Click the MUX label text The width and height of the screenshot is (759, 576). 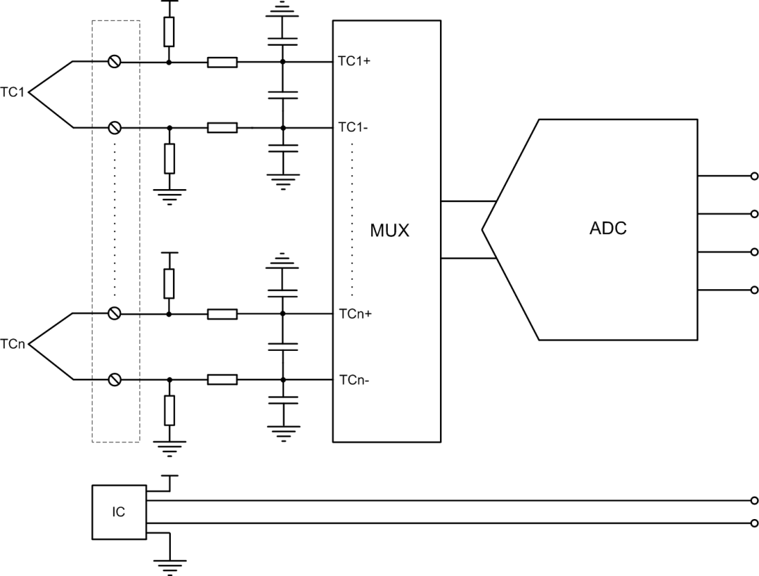click(389, 230)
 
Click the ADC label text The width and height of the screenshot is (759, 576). click(608, 229)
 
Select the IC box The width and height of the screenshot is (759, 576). click(119, 512)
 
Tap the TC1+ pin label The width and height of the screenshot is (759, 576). click(354, 62)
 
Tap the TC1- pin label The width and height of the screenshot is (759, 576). click(353, 127)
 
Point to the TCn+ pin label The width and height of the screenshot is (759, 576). click(355, 314)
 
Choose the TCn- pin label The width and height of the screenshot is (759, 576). click(354, 380)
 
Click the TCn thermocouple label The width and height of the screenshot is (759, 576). click(13, 345)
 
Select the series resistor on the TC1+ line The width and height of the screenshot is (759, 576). click(222, 62)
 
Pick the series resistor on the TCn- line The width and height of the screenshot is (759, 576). click(222, 380)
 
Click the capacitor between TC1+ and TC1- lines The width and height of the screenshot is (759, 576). click(283, 94)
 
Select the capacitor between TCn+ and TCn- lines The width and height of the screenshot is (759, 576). click(283, 346)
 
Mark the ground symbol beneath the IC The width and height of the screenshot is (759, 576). click(169, 564)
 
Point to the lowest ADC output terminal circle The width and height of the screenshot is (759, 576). click(755, 290)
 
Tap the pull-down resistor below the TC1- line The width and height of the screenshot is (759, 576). click(169, 158)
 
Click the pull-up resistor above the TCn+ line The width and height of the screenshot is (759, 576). click(169, 283)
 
